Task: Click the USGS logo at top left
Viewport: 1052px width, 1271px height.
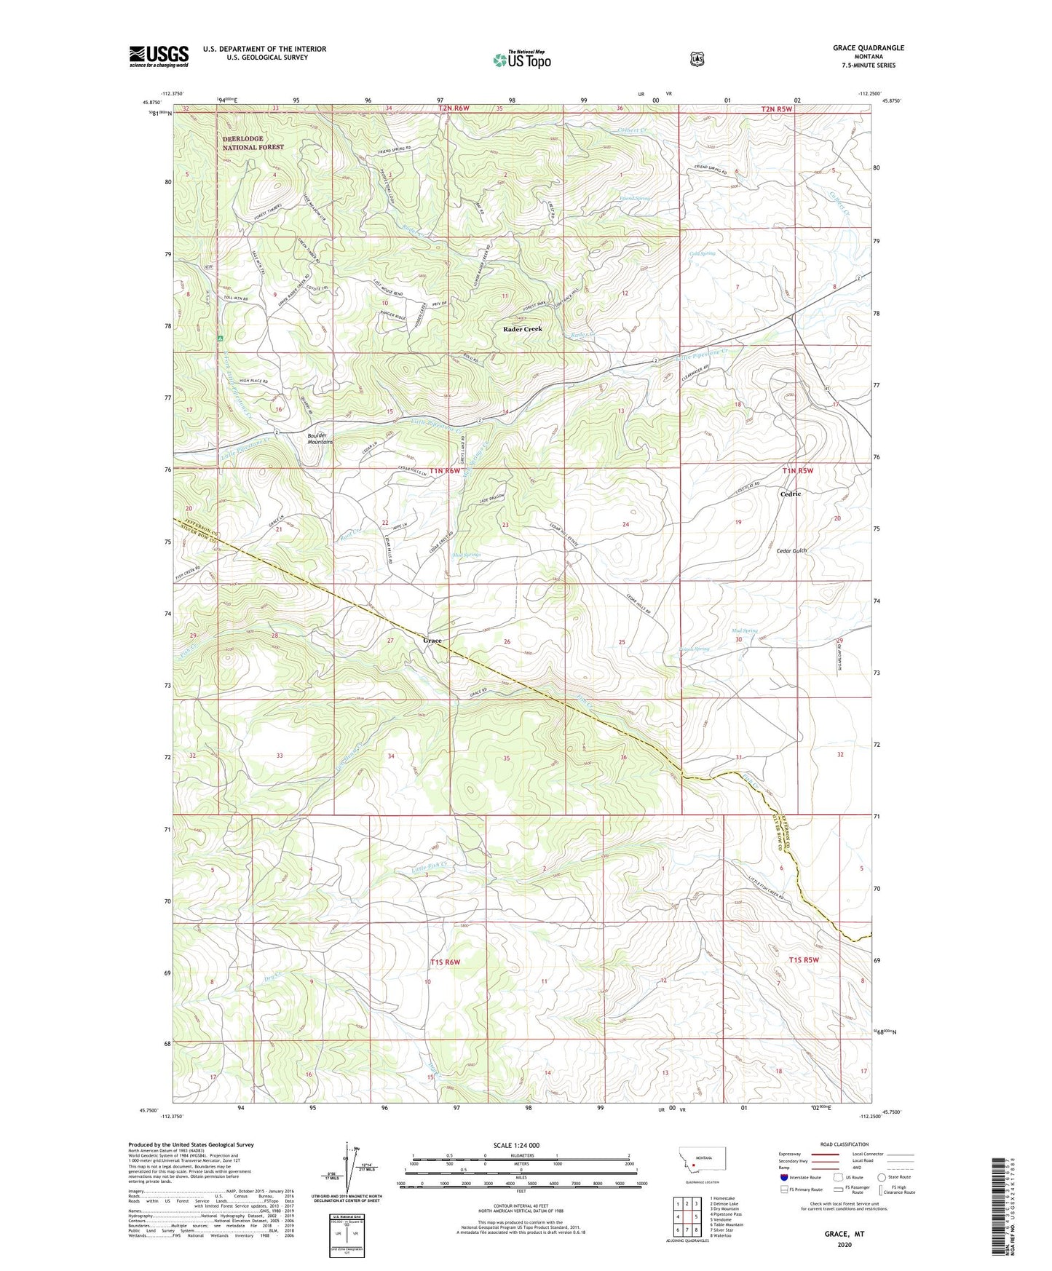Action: (159, 56)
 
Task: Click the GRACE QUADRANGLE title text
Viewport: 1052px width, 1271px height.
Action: (868, 48)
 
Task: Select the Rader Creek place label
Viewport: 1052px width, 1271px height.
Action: (523, 329)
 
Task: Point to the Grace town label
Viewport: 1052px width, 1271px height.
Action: (432, 641)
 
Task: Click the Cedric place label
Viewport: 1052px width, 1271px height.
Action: (791, 494)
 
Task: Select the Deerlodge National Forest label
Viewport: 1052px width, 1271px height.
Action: (253, 143)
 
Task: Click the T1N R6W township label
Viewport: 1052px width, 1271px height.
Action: (445, 471)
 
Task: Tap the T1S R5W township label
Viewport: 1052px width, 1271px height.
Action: (804, 960)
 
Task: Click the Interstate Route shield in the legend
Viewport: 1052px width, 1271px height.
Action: (783, 1177)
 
